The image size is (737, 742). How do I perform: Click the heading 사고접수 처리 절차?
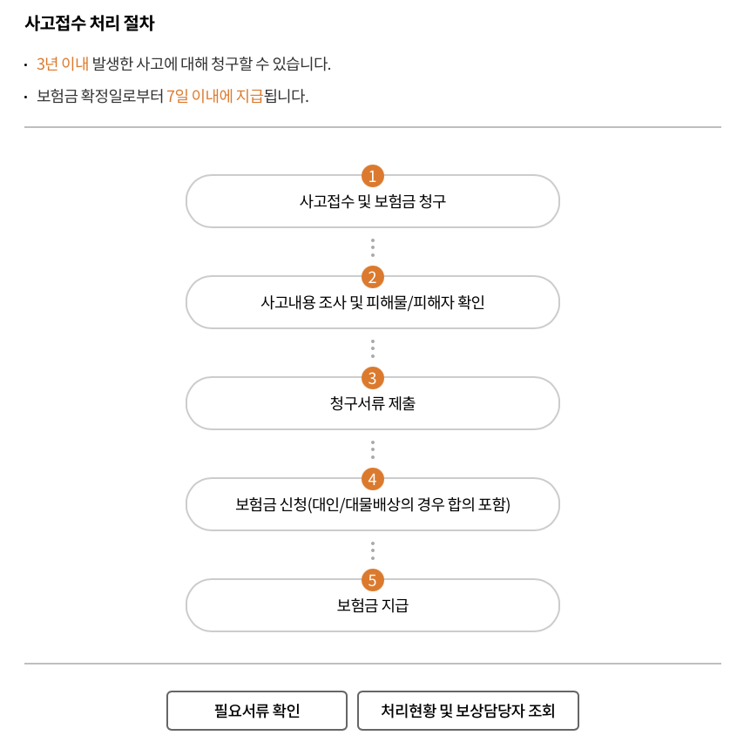pyautogui.click(x=90, y=24)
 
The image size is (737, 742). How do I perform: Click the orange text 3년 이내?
pyautogui.click(x=63, y=64)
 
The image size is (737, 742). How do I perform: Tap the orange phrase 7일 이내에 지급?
pyautogui.click(x=214, y=96)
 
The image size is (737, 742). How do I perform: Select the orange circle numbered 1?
pyautogui.click(x=372, y=176)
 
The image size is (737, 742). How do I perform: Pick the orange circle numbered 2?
pyautogui.click(x=372, y=277)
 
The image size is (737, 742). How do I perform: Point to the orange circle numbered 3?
pyautogui.click(x=372, y=378)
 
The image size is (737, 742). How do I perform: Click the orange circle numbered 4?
pyautogui.click(x=372, y=479)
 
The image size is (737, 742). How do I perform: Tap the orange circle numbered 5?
pyautogui.click(x=372, y=580)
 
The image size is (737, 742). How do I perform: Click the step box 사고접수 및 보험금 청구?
pyautogui.click(x=372, y=202)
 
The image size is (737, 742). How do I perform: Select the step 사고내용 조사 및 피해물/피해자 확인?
pyautogui.click(x=372, y=303)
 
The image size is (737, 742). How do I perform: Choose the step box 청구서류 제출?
pyautogui.click(x=372, y=404)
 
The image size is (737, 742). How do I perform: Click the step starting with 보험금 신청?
pyautogui.click(x=372, y=505)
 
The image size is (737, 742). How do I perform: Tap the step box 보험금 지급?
pyautogui.click(x=372, y=606)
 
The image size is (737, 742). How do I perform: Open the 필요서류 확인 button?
pyautogui.click(x=257, y=711)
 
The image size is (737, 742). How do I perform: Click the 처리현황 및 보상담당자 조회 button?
pyautogui.click(x=468, y=711)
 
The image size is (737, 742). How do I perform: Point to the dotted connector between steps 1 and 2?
pyautogui.click(x=372, y=247)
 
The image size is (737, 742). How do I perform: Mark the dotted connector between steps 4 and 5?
pyautogui.click(x=372, y=550)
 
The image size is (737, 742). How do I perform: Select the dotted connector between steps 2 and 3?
pyautogui.click(x=372, y=348)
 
